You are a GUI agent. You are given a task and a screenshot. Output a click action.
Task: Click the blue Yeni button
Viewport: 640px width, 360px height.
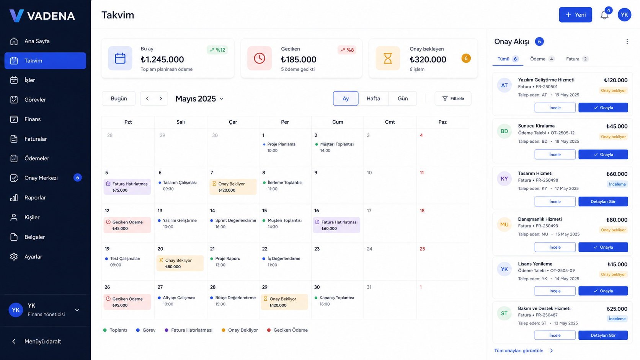pyautogui.click(x=575, y=15)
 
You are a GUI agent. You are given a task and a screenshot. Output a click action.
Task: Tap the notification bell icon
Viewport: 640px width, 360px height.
pyautogui.click(x=604, y=15)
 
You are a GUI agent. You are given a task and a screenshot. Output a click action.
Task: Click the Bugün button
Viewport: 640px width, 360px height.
pyautogui.click(x=119, y=98)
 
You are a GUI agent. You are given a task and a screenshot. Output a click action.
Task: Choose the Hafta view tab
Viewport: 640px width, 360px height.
pyautogui.click(x=373, y=98)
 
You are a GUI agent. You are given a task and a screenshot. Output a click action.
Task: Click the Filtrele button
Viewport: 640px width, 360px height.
pyautogui.click(x=453, y=98)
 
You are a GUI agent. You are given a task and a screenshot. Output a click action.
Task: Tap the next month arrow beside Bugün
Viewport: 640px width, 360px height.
pyautogui.click(x=161, y=98)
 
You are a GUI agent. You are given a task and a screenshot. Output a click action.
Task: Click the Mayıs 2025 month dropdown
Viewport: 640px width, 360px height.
pyautogui.click(x=199, y=99)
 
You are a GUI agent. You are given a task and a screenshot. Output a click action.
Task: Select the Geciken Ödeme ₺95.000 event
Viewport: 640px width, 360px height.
pyautogui.click(x=127, y=302)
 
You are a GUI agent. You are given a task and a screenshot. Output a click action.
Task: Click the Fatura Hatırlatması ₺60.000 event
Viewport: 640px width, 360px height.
pyautogui.click(x=336, y=225)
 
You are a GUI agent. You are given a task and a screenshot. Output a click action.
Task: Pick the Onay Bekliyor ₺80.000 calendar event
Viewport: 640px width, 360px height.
pyautogui.click(x=180, y=263)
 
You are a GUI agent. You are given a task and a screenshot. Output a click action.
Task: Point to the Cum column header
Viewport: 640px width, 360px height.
pyautogui.click(x=338, y=122)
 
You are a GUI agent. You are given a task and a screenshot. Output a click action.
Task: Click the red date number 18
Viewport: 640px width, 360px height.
pyautogui.click(x=422, y=210)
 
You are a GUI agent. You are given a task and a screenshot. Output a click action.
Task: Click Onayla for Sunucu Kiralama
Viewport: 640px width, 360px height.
pyautogui.click(x=603, y=155)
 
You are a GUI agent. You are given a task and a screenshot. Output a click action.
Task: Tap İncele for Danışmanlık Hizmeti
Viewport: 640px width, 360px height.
pyautogui.click(x=555, y=247)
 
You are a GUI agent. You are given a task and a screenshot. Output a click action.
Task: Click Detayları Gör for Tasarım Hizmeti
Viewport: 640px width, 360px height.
pyautogui.click(x=603, y=202)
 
